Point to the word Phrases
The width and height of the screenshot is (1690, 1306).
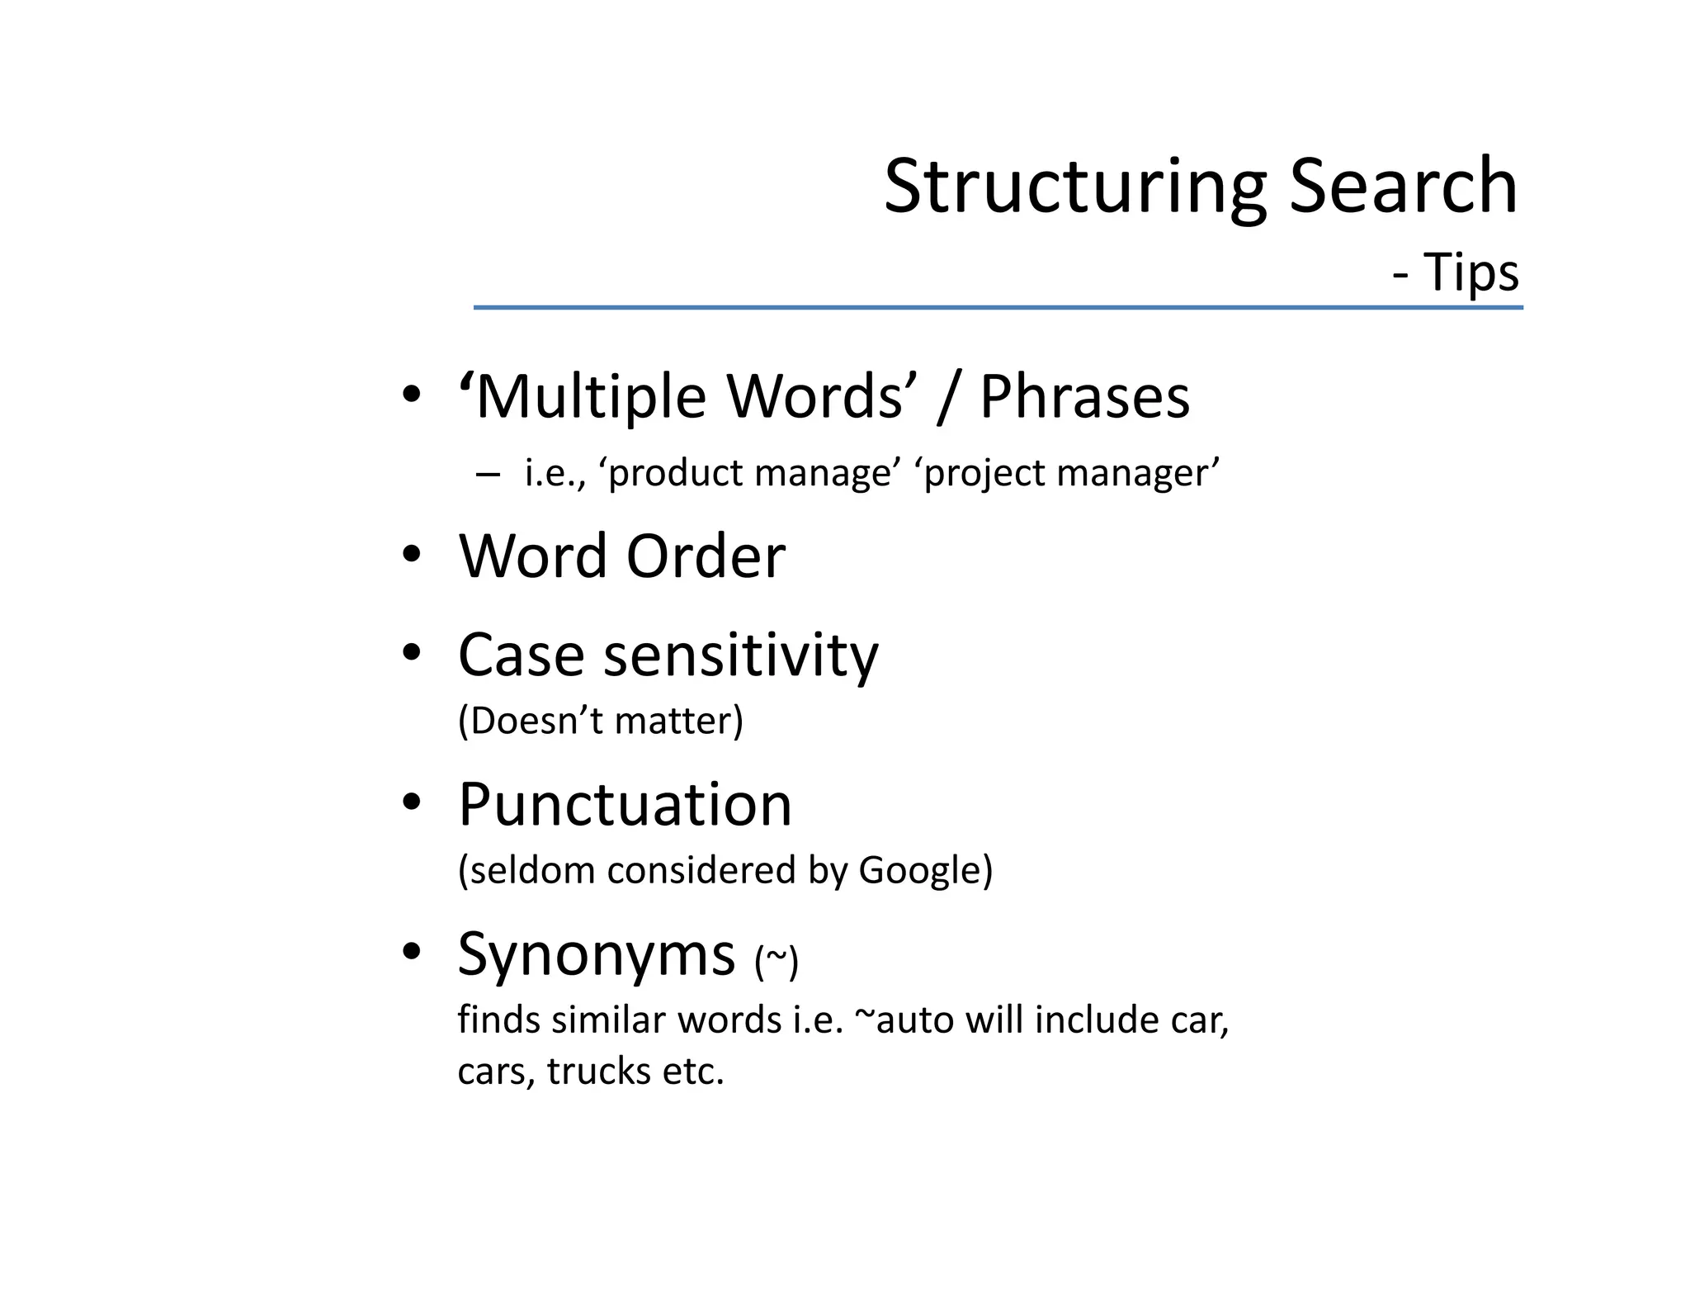[1084, 397]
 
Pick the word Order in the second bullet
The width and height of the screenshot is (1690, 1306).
[706, 556]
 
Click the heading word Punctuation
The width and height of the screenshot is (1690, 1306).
[625, 805]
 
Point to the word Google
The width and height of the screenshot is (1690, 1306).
[919, 871]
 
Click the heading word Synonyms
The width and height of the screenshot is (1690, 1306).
[596, 954]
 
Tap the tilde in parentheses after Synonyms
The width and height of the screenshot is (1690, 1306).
[777, 961]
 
